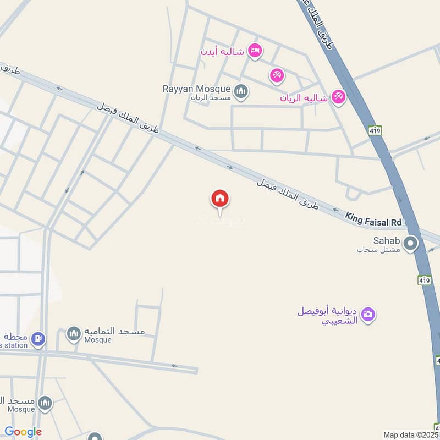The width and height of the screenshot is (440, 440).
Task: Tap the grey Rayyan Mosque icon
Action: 240,91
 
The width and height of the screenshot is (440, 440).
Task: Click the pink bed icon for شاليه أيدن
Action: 255,51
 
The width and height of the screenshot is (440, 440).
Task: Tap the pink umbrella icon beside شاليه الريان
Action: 338,97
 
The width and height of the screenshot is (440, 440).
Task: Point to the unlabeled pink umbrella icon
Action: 277,75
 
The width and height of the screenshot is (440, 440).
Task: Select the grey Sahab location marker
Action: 410,243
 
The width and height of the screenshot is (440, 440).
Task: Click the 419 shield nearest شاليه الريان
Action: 376,130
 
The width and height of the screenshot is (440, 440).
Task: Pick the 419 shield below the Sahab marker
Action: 423,280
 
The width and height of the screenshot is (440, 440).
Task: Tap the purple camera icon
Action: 368,315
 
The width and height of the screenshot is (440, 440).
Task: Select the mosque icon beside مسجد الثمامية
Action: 74,333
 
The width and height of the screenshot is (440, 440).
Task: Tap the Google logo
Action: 23,432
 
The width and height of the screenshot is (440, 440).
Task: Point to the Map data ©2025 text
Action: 410,435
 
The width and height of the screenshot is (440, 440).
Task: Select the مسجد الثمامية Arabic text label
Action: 114,332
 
